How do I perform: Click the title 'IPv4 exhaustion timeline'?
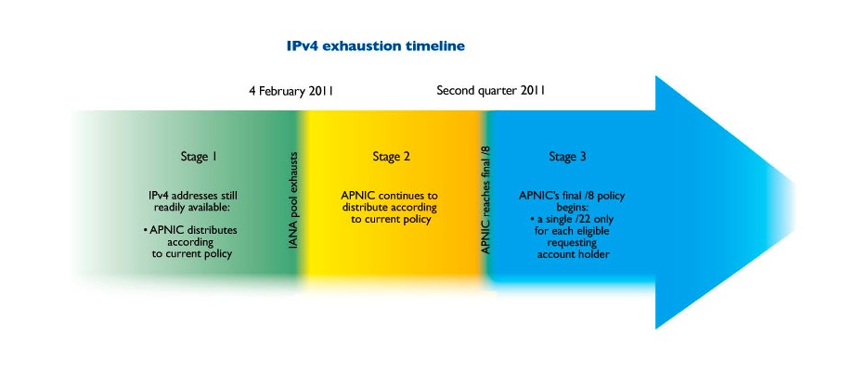pos(375,46)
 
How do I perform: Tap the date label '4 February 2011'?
pos(291,91)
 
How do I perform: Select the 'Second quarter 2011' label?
pos(491,90)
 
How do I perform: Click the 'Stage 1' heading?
pos(199,157)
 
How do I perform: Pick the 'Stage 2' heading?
pos(391,157)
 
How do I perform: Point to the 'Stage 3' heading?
pos(567,157)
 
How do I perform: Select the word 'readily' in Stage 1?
pos(170,207)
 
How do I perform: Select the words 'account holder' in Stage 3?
pos(574,255)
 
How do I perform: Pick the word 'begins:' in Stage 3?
pos(572,208)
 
